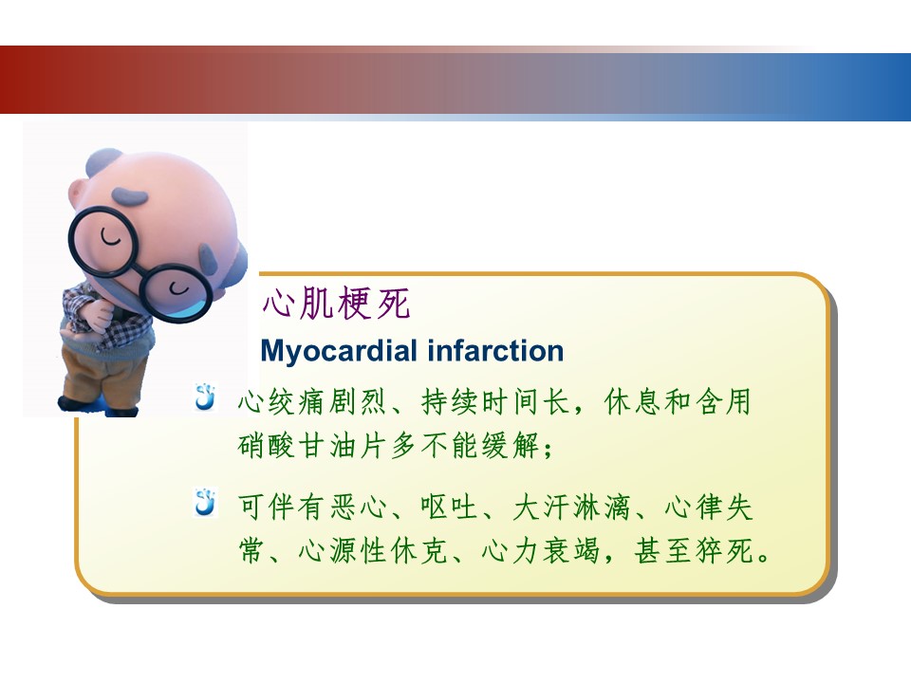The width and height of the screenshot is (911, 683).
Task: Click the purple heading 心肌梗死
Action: (x=336, y=304)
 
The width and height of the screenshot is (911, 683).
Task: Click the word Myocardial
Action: (x=340, y=351)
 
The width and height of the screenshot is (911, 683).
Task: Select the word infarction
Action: (x=495, y=351)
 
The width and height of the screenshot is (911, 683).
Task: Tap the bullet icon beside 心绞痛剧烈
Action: (x=205, y=397)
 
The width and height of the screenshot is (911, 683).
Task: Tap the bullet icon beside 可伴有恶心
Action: (x=205, y=503)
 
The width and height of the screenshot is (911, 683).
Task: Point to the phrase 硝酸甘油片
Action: (x=311, y=446)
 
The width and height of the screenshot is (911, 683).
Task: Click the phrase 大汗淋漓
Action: (x=571, y=507)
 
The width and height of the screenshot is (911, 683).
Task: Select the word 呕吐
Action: (x=449, y=507)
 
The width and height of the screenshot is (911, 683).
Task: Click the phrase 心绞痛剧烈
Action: (x=311, y=402)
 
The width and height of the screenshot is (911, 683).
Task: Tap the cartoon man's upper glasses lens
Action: (x=102, y=241)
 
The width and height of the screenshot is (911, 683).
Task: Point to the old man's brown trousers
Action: (x=104, y=377)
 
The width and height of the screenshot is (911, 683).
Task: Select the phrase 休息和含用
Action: (x=678, y=402)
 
